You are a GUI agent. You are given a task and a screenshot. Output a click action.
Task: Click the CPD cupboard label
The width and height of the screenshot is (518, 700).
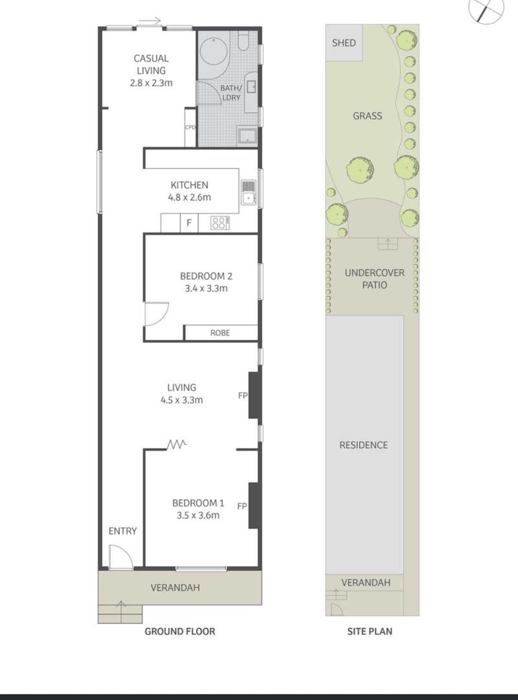point(190,127)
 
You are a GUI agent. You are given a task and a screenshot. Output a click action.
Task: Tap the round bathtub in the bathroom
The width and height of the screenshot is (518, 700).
point(213,52)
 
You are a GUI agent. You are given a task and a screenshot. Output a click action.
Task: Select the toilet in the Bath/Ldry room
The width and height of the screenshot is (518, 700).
point(244,41)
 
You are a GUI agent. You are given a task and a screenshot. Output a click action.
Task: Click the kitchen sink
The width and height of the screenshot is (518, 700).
point(249,193)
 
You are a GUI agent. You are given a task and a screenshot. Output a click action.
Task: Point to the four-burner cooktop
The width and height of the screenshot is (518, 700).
point(219,223)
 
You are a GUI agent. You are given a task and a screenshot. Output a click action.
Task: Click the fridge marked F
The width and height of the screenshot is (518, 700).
point(189,223)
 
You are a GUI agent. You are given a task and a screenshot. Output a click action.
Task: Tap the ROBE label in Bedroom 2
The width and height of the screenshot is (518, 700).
point(220,333)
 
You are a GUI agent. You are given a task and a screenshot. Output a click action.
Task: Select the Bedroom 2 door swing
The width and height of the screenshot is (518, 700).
point(156,314)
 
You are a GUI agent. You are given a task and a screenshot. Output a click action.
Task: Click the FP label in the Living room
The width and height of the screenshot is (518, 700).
point(243,395)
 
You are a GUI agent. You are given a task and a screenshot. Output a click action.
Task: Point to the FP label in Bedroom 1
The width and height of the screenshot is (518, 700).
point(242,506)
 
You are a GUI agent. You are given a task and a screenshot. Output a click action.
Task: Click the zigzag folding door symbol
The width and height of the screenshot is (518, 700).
point(177,444)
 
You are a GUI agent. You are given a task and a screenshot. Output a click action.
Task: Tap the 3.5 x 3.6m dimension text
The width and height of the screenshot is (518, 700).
point(198,516)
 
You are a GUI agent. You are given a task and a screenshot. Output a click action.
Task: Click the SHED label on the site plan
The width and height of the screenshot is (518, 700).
point(344,43)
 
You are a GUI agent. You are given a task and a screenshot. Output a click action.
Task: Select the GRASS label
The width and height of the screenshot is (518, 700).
point(368,116)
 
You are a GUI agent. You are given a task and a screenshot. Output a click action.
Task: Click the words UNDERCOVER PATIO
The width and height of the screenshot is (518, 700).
point(375,279)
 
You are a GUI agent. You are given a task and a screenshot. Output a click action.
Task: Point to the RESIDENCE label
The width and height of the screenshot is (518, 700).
point(363,445)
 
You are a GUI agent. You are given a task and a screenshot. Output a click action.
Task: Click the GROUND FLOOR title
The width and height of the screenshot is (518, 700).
point(180,631)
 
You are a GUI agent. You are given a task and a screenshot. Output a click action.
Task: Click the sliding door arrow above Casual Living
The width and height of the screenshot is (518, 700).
point(150,21)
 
